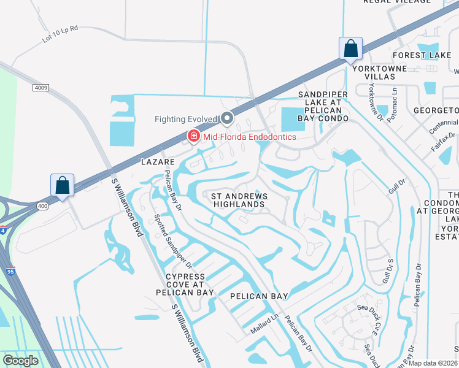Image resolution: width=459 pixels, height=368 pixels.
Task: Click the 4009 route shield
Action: [x=41, y=88]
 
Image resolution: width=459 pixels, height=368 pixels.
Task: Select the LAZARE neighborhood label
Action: [x=158, y=163]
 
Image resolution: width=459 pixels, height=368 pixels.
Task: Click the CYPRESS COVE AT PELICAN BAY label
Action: [x=190, y=285]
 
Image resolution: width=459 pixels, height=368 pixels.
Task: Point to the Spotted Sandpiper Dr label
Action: [x=174, y=241]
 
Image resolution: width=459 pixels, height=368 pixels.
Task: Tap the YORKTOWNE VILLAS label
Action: [x=380, y=73]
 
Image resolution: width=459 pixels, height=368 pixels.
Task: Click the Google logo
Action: [x=20, y=361]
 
